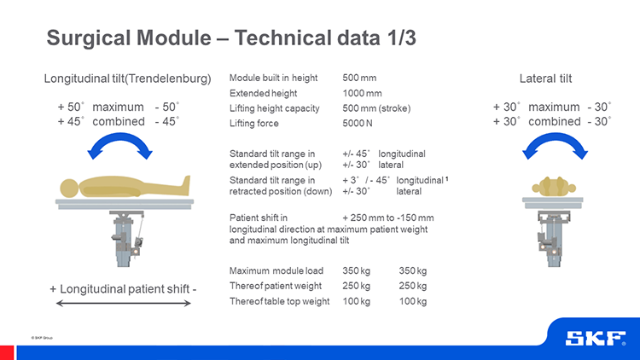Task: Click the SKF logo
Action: pos(596,339)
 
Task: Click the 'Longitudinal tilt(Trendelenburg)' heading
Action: pos(127,78)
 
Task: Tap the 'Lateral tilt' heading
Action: pos(546,78)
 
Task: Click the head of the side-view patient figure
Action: pos(69,189)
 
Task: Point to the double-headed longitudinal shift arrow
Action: pos(123,303)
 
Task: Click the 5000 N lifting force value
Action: pos(358,123)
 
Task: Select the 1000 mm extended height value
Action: pos(362,94)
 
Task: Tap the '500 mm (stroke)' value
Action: pos(376,108)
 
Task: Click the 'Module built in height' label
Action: pos(273,78)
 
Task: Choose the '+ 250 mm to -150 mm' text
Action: pos(387,218)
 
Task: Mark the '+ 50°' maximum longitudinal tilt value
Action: pos(71,107)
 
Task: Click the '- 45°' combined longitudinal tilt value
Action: pos(167,122)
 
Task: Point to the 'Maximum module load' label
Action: pos(276,270)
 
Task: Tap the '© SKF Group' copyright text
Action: pos(42,338)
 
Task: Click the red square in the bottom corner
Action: pos(7,352)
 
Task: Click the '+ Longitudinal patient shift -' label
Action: pos(123,289)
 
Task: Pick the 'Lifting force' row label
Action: pos(254,123)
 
